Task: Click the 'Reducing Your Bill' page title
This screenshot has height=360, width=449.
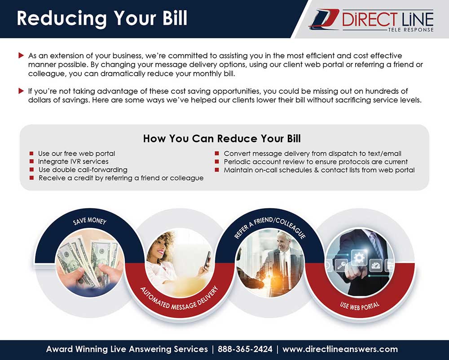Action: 102,18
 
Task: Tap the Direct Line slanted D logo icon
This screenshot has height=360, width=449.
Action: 324,19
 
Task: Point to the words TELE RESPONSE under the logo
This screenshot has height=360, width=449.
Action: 411,30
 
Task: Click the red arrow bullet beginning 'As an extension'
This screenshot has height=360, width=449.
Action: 21,55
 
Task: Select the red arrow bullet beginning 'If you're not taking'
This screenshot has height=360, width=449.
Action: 21,91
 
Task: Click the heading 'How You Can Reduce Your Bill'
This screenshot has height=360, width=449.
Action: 222,139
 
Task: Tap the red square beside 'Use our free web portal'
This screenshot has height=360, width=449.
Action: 31,153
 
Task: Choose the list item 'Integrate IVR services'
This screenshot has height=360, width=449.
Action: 73,161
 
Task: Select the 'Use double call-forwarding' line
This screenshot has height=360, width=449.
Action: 83,170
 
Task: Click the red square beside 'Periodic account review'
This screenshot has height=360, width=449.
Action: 217,162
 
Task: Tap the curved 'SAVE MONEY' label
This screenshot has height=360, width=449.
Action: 90,221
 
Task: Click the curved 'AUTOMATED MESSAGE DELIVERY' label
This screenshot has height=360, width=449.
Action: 179,299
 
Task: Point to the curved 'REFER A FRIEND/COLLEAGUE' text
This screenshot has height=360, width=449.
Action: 270,227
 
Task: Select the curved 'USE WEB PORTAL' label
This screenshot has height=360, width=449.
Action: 360,306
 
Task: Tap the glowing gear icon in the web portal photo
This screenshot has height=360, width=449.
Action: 359,258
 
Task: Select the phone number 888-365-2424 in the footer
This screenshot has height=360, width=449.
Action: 245,349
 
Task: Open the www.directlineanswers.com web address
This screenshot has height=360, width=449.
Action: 340,349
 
